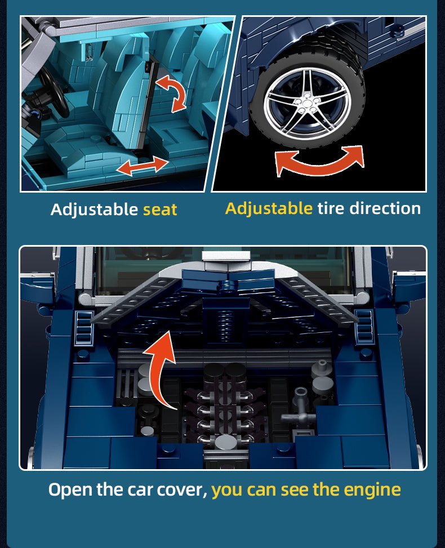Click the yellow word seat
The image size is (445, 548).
160,210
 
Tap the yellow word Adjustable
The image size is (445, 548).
269,208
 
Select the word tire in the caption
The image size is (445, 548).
331,208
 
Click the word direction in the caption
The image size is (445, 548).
385,208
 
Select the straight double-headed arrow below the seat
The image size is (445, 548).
143,166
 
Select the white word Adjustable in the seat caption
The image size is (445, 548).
95,210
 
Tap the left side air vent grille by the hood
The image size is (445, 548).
84,327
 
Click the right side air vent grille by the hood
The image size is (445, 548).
363,327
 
